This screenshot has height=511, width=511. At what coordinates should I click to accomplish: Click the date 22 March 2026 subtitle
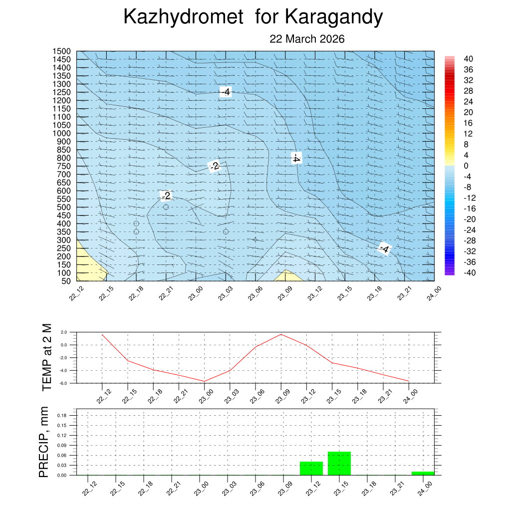point(307,39)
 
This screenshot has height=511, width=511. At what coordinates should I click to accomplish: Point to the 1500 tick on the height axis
point(63,51)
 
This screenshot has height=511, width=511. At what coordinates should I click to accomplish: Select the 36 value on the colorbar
point(468,69)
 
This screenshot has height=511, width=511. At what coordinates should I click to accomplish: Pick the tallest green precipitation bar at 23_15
point(339,463)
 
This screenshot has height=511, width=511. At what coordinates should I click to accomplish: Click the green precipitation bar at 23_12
point(311,468)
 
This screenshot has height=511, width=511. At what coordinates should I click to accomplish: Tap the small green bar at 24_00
point(423,473)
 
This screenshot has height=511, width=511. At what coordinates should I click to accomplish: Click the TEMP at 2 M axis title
point(47,356)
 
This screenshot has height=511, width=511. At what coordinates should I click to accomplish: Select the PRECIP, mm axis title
point(44,443)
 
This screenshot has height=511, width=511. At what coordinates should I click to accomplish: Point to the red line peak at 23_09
point(281,334)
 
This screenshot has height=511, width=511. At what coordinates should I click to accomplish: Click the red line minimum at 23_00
point(204,381)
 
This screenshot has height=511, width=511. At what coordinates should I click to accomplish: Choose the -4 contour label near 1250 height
point(226,92)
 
